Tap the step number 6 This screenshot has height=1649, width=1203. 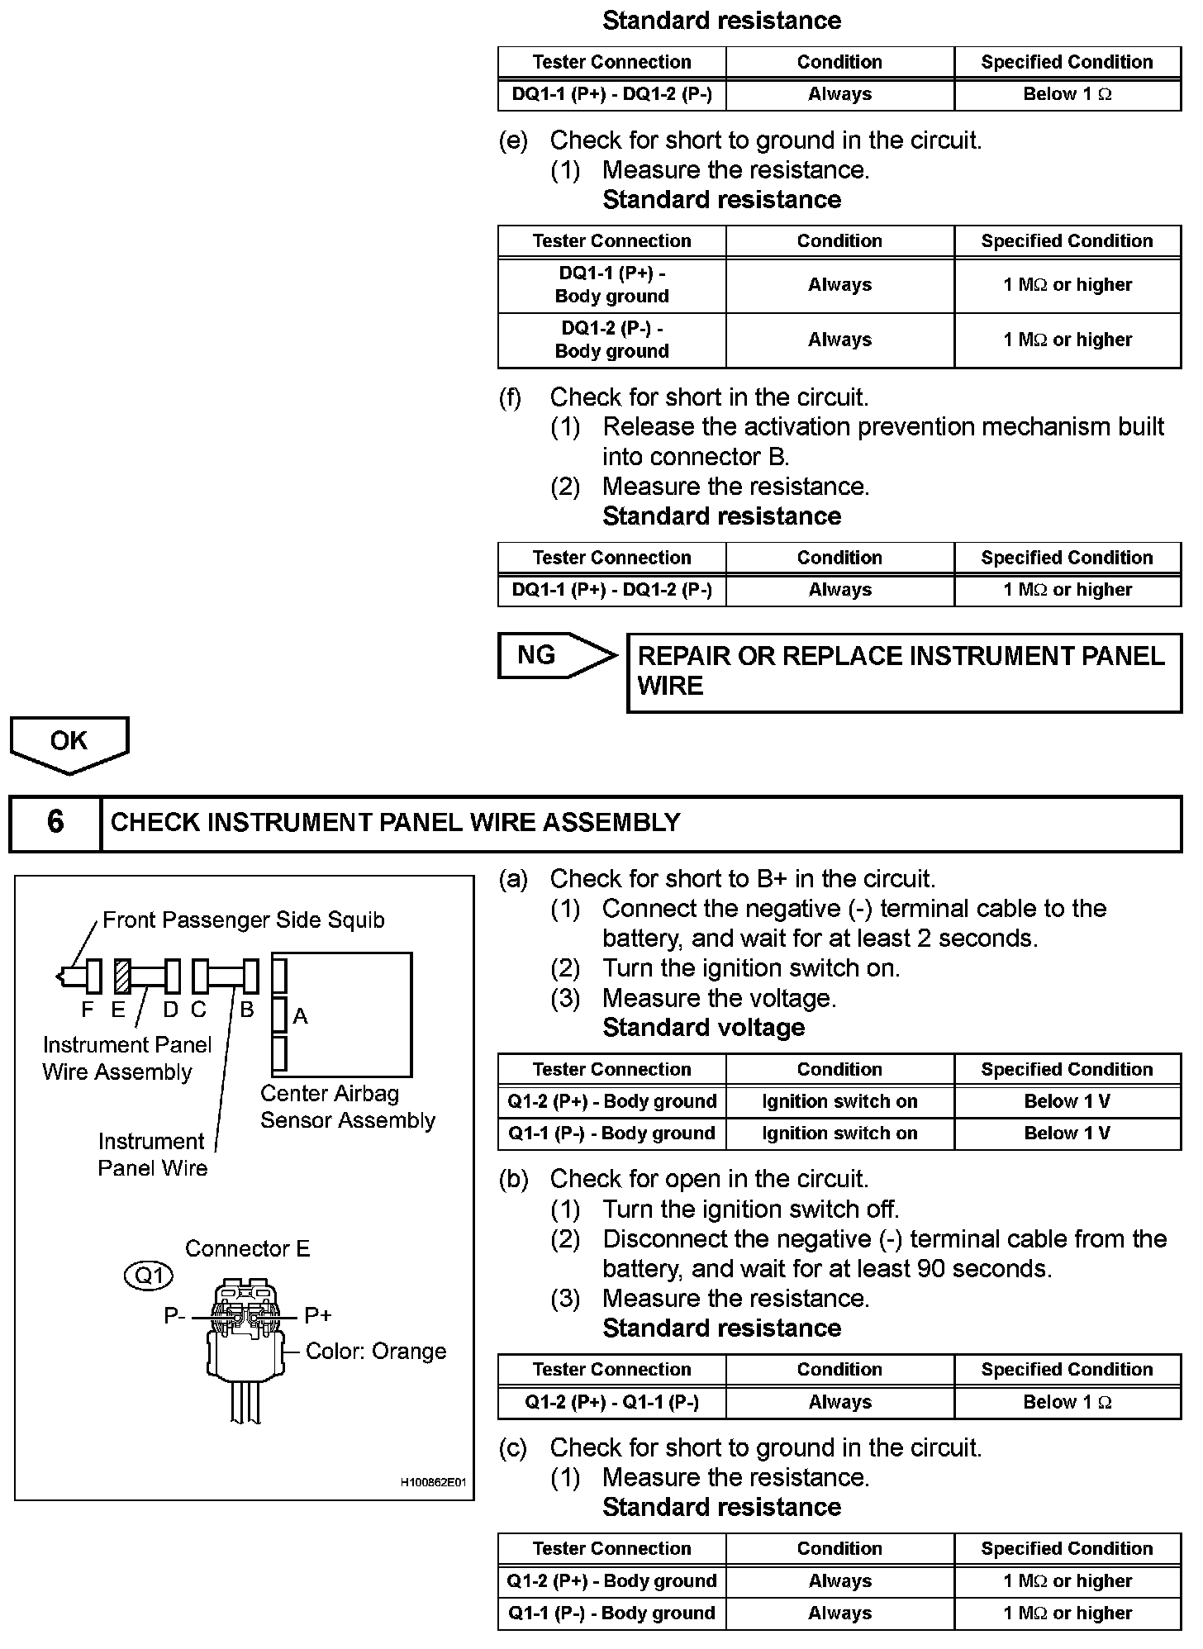55,822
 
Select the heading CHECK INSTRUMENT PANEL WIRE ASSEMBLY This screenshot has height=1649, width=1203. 395,823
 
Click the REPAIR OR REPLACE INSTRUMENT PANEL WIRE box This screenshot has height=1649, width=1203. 903,672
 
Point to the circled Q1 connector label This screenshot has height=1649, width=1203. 149,1276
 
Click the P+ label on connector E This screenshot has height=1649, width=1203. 318,1315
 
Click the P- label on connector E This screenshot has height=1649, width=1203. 174,1315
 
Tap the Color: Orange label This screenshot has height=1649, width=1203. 375,1352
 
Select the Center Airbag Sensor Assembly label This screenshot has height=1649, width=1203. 347,1107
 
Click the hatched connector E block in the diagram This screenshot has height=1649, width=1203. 121,976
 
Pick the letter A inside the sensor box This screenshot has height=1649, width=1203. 300,1016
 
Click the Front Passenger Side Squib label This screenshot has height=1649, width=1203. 243,920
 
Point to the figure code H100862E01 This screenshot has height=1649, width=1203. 433,1482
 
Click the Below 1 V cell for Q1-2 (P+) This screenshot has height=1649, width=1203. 1067,1101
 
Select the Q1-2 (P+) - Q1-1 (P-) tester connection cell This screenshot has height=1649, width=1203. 611,1402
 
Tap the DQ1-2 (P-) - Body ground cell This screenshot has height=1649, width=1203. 611,340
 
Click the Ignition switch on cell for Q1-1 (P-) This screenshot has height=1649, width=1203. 839,1133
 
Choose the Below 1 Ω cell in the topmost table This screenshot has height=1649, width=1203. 1067,94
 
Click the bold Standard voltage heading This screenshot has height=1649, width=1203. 703,1028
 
